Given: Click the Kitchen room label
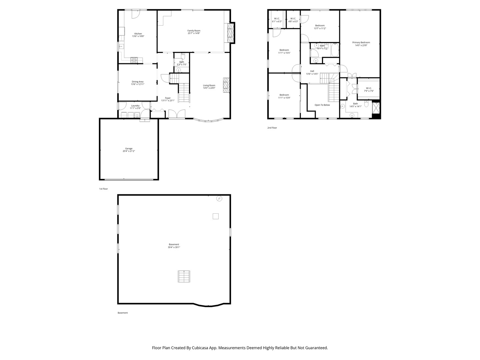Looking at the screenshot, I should coord(138,34).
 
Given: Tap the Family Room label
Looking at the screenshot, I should coord(194,31).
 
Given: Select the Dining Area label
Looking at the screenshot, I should coord(137,82).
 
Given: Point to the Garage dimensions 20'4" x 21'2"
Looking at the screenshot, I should coord(129,151).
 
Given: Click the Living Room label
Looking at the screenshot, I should coord(209,85).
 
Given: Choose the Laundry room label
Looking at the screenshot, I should coord(135,106).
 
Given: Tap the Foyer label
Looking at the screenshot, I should coord(168,98).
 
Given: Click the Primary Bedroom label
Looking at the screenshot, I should coord(361,42).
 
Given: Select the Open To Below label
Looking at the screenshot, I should coord(322,105).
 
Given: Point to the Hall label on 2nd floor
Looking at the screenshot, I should coord(312,71).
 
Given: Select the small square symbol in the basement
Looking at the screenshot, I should coord(216,216).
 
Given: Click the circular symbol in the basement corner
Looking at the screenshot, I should coord(219,199).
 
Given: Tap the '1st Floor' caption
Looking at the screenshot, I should coord(103,189).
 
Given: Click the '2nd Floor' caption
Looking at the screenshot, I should coord(272,128).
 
